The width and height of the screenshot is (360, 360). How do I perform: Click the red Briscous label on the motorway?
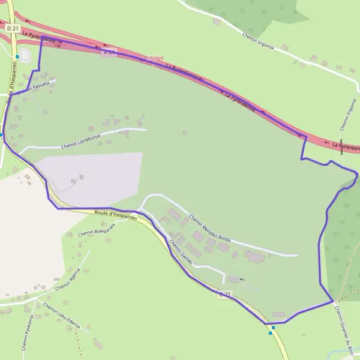coord(154,58)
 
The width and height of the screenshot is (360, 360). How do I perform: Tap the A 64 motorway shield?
coord(108,53)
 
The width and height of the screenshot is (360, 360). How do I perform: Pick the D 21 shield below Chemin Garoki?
coord(224,294)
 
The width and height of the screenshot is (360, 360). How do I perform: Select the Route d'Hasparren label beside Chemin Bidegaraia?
coord(115,214)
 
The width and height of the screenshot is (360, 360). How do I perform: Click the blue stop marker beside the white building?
coord(19,57)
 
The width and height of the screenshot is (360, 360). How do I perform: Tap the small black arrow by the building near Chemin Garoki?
coord(242,279)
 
